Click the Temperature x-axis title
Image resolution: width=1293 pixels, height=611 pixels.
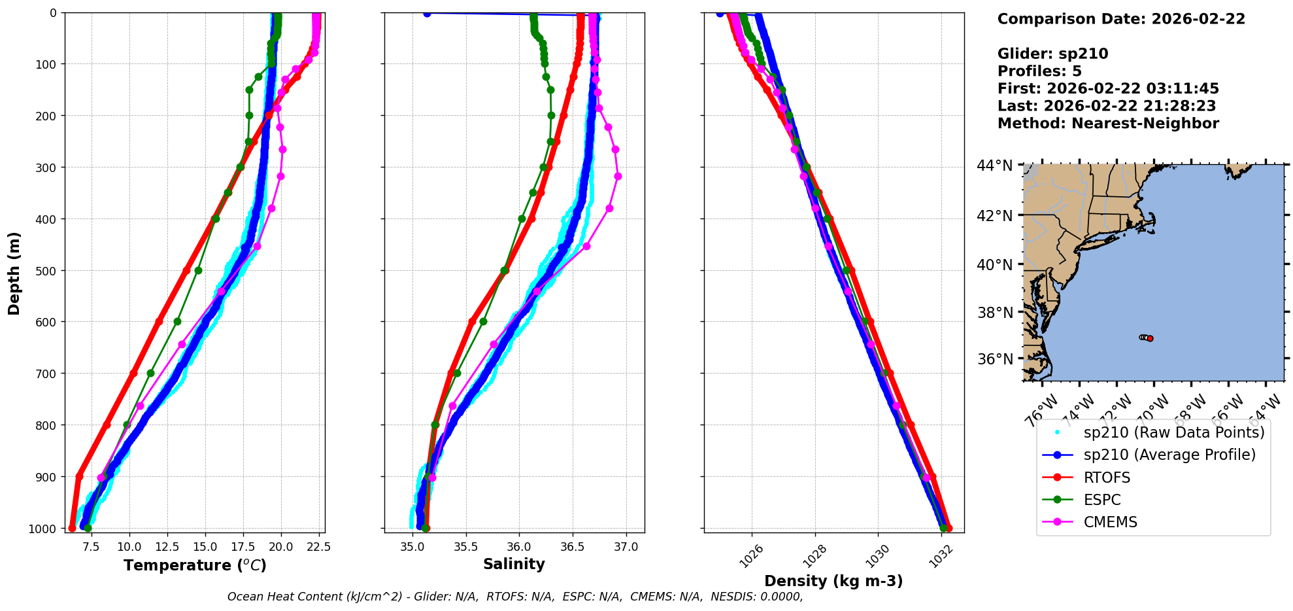click(195, 565)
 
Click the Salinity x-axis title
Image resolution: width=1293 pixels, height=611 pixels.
click(514, 564)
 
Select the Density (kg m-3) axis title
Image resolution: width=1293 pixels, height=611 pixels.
click(833, 581)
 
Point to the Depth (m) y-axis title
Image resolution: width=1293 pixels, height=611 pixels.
click(14, 273)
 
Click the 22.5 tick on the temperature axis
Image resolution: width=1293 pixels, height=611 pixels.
click(317, 546)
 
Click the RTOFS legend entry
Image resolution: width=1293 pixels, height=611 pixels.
click(1107, 478)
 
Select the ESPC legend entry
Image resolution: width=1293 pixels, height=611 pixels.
click(1102, 500)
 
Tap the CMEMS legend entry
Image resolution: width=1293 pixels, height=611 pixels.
click(1110, 522)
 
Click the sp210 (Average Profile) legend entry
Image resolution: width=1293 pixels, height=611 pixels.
click(1169, 455)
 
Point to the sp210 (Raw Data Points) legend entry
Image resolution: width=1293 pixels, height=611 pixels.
click(1174, 432)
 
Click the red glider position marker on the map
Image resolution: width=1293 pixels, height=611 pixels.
click(1150, 338)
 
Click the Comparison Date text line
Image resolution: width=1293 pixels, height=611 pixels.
click(1121, 19)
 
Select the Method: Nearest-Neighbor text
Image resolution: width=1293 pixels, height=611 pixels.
click(1108, 124)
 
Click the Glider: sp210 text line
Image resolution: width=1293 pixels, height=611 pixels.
click(1052, 54)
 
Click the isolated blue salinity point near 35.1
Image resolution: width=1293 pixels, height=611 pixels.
click(427, 13)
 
